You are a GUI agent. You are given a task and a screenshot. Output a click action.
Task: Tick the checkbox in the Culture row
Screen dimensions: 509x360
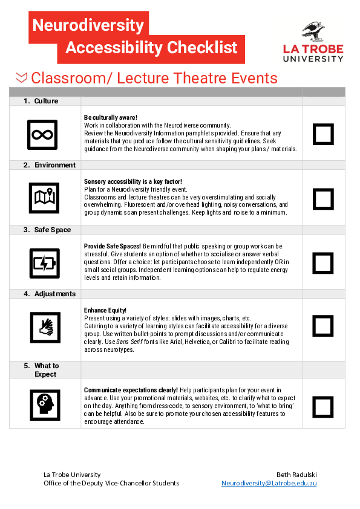click(323, 134)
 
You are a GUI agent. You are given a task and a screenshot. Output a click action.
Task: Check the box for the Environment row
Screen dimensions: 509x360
click(323, 199)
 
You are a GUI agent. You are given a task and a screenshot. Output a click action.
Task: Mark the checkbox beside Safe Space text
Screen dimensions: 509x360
click(323, 263)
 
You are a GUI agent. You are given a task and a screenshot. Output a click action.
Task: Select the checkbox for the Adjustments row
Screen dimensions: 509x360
click(323, 326)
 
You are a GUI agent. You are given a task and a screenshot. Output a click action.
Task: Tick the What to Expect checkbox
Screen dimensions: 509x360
click(323, 404)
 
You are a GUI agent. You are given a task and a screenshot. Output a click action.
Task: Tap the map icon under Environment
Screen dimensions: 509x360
click(44, 198)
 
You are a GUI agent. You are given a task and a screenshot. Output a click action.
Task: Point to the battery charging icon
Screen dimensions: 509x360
click(44, 263)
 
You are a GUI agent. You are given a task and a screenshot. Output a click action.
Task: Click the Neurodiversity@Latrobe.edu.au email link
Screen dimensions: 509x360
click(269, 484)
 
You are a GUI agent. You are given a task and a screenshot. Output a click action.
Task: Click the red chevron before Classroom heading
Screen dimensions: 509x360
click(21, 77)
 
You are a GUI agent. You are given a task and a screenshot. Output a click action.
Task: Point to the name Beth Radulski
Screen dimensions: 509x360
click(296, 475)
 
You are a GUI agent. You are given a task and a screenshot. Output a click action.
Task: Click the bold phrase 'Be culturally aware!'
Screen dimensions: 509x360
click(111, 117)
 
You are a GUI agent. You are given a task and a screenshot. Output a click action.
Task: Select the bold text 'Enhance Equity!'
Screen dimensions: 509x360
click(105, 310)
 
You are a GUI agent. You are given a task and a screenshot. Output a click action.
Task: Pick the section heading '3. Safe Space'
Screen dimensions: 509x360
click(47, 230)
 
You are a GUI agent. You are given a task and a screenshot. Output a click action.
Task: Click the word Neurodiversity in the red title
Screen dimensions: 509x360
click(88, 25)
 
